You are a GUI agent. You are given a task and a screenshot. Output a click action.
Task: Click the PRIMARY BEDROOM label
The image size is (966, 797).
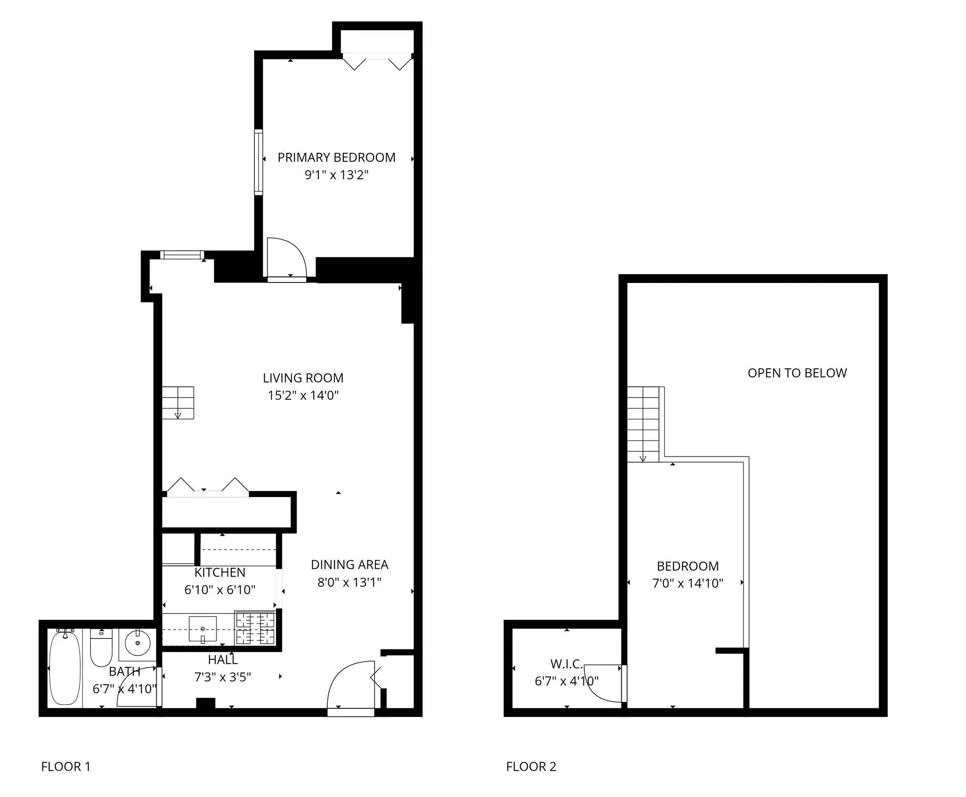pos(336,158)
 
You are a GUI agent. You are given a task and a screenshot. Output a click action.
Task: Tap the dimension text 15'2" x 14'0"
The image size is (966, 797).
pos(303,395)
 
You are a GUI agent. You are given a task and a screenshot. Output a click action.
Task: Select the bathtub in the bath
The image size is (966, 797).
pos(65,668)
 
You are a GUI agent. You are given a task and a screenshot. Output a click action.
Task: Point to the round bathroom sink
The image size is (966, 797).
pos(137,643)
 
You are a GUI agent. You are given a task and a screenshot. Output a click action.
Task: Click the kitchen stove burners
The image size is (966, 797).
pos(255,628)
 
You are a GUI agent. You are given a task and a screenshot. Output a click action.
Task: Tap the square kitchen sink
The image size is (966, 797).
pos(202,629)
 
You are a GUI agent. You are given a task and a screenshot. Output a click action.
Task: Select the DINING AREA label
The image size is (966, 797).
pos(350,565)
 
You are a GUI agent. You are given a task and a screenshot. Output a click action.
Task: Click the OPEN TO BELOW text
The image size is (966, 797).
pos(797,373)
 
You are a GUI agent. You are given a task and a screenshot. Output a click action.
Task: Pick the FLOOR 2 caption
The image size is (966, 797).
pos(531,767)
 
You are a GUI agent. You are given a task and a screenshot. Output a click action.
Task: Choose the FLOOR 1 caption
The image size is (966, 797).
pos(66,767)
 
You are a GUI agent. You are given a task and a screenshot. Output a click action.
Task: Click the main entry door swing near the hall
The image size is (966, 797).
pos(350,684)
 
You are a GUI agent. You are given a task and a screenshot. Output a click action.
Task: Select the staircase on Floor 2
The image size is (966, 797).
pos(642,424)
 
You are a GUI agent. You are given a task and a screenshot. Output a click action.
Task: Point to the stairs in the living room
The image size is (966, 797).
pos(178,403)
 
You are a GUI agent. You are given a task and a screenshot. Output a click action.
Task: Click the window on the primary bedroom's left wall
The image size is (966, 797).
pos(258,162)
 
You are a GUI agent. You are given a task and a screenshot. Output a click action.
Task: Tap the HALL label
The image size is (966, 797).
pos(223,660)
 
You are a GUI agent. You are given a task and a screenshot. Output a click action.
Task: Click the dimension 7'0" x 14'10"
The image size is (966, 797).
pos(688,583)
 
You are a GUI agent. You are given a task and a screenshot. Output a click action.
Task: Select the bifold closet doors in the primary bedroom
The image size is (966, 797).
pos(377,62)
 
